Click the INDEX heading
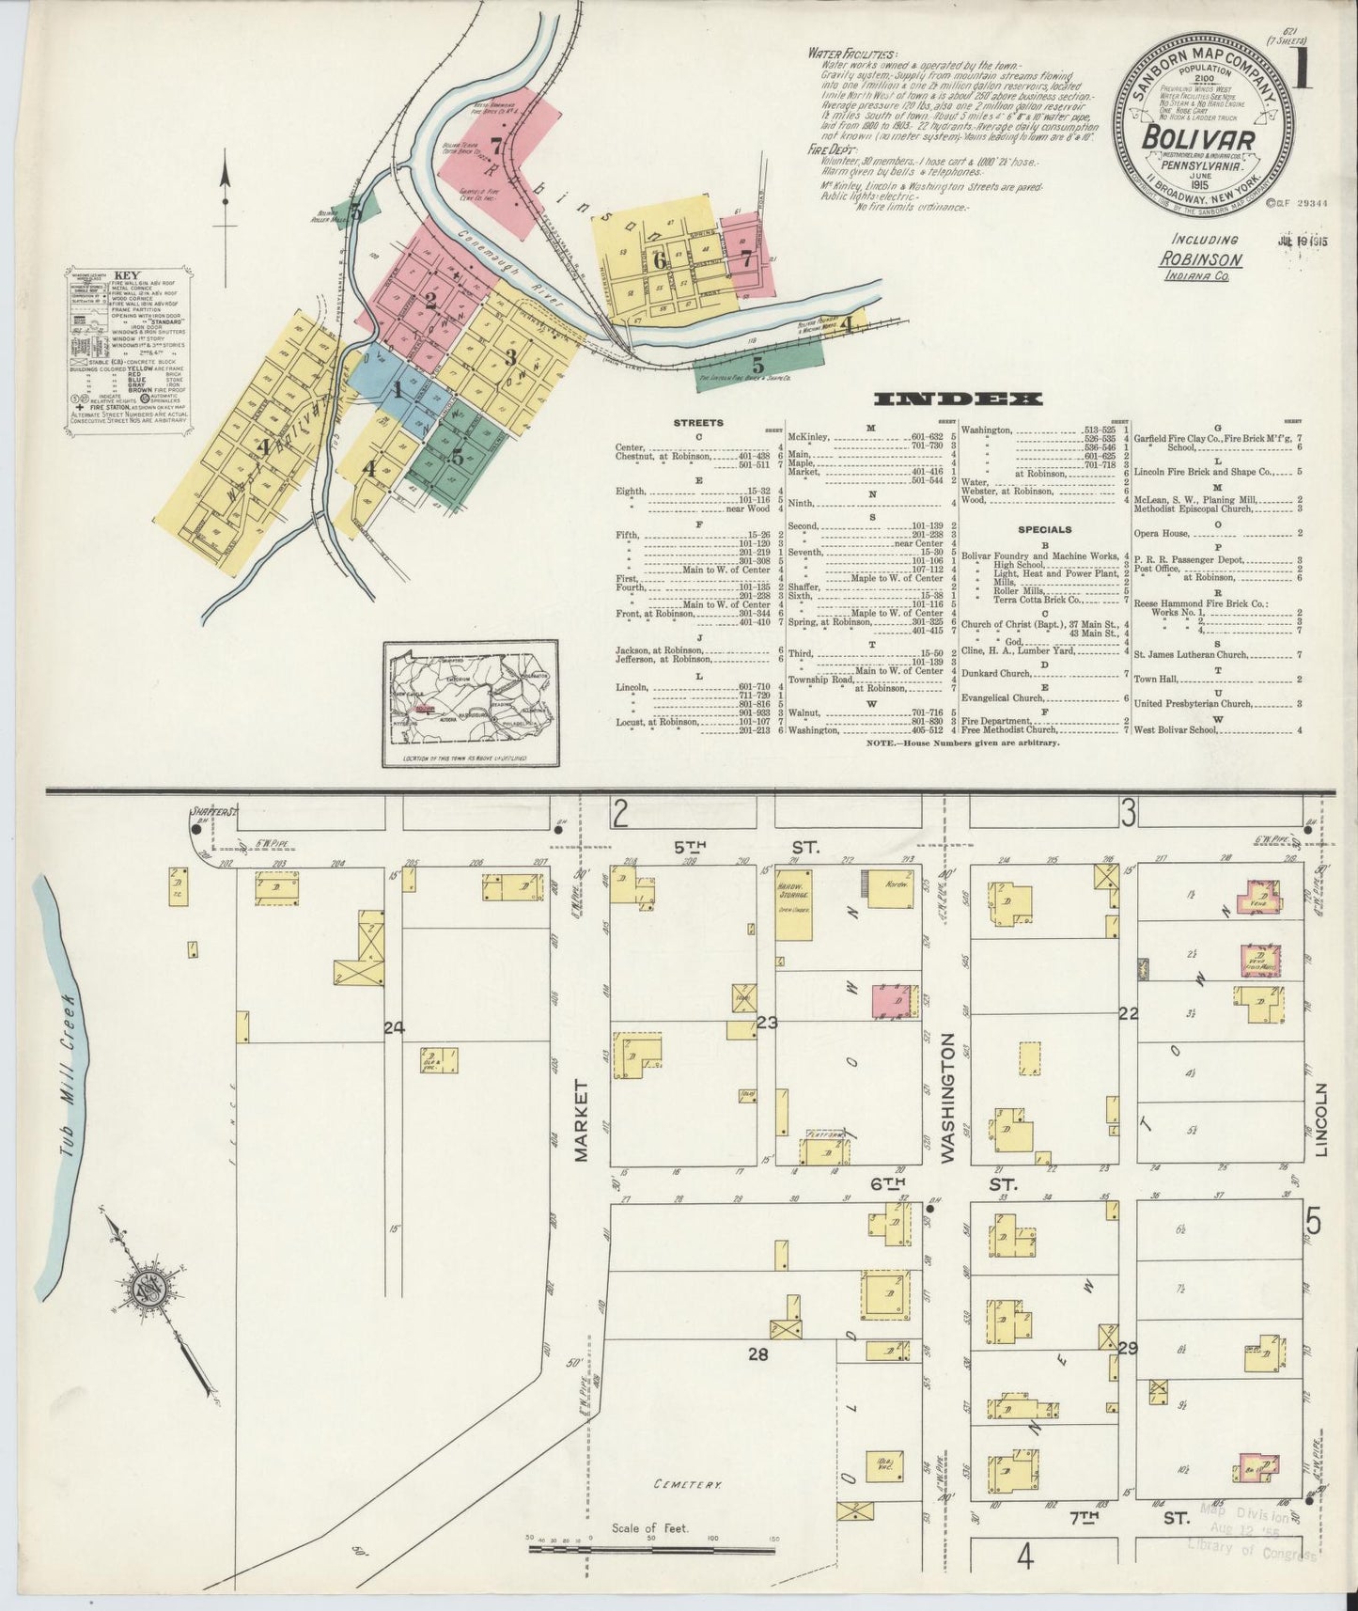point(958,399)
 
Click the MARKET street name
point(581,1120)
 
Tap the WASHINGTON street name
point(947,1099)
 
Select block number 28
point(758,1354)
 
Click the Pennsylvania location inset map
point(470,702)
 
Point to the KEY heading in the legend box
point(126,277)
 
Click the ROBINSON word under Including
point(1200,259)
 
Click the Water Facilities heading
point(852,54)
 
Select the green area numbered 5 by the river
point(758,365)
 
